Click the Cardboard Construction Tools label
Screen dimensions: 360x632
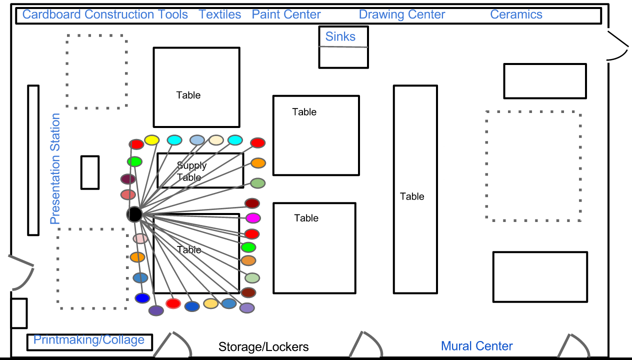[105, 14]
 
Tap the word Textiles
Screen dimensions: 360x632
[220, 14]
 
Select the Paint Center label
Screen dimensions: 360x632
[286, 14]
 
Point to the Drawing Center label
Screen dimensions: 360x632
[402, 14]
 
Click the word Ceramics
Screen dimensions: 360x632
[516, 14]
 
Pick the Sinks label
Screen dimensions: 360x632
[340, 36]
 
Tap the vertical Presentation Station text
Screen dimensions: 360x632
[55, 168]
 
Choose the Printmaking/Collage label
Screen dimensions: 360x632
[89, 340]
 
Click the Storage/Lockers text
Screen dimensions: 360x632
[263, 346]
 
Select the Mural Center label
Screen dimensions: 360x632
[476, 346]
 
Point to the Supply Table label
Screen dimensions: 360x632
[191, 171]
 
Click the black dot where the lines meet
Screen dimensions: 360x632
[134, 214]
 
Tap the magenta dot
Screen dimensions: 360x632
[253, 218]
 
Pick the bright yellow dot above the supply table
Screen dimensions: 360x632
[151, 139]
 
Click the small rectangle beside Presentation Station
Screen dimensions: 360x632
[90, 172]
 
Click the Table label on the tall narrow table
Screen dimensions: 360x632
[412, 196]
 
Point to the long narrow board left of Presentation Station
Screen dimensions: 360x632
[33, 160]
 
